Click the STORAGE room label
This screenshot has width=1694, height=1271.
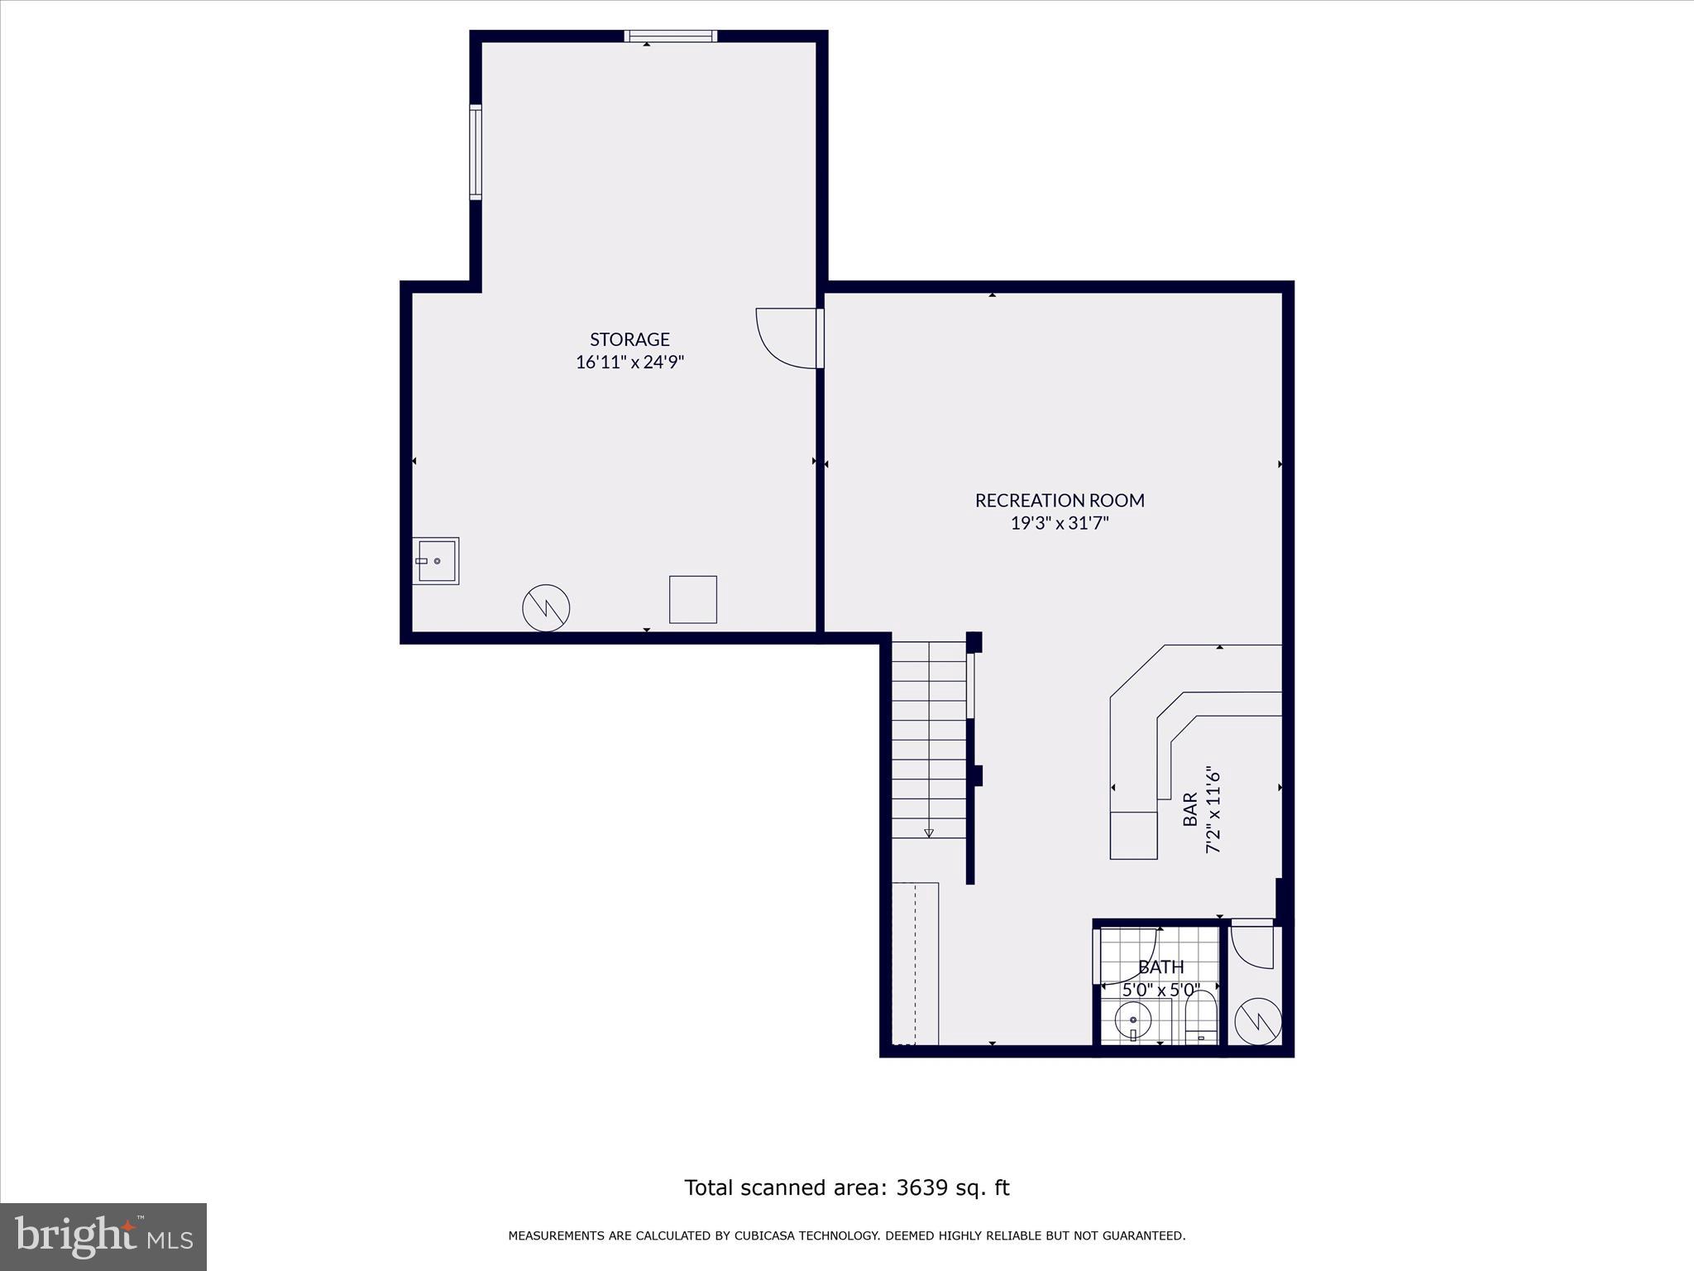629,339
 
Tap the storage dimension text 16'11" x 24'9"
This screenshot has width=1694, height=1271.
630,362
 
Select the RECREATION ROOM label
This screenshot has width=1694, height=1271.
1060,501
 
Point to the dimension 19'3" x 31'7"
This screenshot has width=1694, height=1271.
1060,523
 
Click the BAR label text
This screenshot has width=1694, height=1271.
1190,809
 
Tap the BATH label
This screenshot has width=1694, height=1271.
1160,967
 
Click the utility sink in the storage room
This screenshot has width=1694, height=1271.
436,561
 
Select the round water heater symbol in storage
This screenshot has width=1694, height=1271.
546,608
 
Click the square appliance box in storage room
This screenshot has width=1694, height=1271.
692,599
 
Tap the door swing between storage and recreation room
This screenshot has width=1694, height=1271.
786,338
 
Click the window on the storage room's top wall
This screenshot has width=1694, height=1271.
670,36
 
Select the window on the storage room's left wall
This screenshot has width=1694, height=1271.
476,152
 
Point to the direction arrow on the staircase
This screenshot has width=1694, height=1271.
929,832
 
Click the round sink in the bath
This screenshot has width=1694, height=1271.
1133,1021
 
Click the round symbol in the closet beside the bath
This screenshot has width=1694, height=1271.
1257,1022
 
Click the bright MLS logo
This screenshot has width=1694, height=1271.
103,1236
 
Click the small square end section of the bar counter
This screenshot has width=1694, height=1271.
1133,835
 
